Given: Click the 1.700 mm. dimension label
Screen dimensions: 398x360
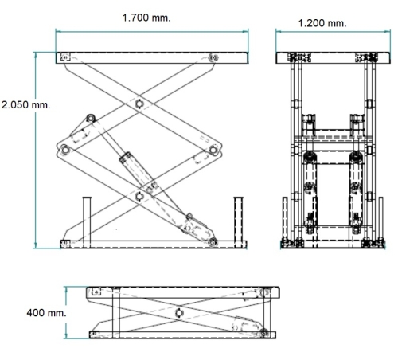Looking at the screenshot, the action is pyautogui.click(x=146, y=18).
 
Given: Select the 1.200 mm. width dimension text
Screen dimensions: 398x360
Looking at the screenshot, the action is pyautogui.click(x=322, y=23).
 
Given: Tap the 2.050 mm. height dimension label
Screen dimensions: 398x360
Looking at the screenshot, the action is pyautogui.click(x=25, y=105).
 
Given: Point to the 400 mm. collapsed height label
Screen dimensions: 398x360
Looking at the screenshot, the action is pyautogui.click(x=46, y=313).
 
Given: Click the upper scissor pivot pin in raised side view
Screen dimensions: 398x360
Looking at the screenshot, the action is pyautogui.click(x=139, y=104).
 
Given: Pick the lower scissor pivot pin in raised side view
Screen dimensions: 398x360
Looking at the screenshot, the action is pyautogui.click(x=139, y=197).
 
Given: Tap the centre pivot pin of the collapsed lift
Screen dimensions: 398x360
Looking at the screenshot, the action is pyautogui.click(x=179, y=313).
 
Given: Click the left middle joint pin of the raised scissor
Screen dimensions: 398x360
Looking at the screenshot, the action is pyautogui.click(x=64, y=150).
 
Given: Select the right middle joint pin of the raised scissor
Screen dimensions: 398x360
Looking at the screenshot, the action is pyautogui.click(x=213, y=150).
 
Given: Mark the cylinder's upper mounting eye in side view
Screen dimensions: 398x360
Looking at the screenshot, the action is pyautogui.click(x=91, y=118).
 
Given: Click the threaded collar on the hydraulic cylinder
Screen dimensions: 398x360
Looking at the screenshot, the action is pyautogui.click(x=126, y=158).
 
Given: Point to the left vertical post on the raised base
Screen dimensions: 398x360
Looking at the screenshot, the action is pyautogui.click(x=87, y=222).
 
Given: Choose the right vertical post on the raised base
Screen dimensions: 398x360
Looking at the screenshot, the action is pyautogui.click(x=238, y=222).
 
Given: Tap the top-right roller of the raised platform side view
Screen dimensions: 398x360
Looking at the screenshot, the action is pyautogui.click(x=213, y=57).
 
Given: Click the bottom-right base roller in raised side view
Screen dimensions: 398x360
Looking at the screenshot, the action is pyautogui.click(x=213, y=242).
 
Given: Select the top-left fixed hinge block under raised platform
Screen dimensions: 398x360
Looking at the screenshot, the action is pyautogui.click(x=65, y=57).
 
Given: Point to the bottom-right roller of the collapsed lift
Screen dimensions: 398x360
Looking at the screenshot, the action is pyautogui.click(x=263, y=332).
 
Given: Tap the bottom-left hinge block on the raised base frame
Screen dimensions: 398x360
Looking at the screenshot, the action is pyautogui.click(x=65, y=244).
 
